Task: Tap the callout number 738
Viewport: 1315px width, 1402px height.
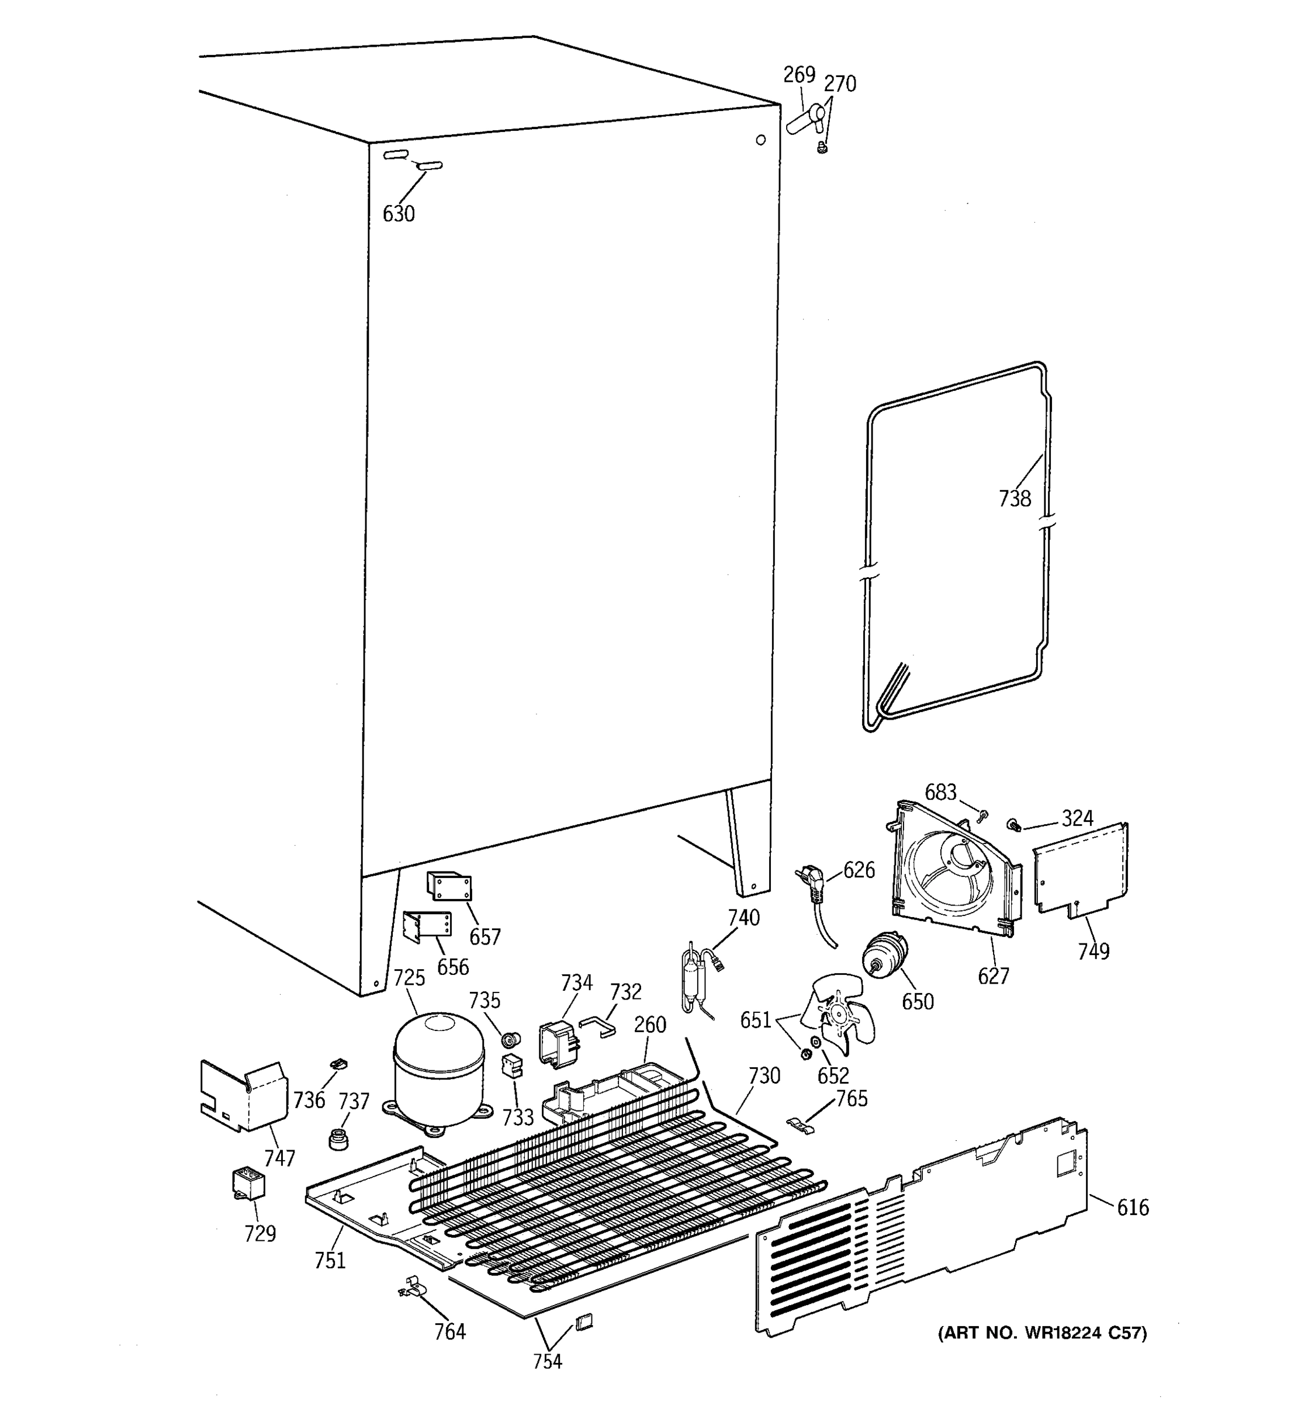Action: coord(1015,499)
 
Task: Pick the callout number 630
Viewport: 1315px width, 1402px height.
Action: coord(399,214)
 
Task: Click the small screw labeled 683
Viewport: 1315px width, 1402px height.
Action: coord(982,815)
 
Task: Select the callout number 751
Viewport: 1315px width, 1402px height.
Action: coord(330,1260)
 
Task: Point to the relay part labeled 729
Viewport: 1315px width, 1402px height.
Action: coord(248,1184)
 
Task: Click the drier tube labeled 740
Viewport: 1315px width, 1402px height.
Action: coord(695,976)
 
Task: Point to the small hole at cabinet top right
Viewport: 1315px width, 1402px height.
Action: coord(760,140)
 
